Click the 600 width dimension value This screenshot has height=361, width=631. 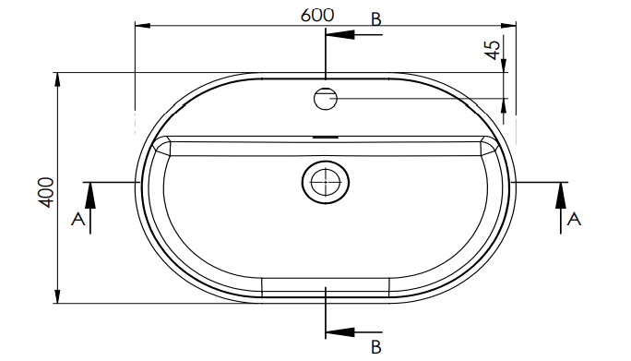317,16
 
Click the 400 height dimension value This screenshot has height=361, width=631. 46,193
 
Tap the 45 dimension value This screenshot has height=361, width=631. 494,50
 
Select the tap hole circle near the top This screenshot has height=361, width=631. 325,99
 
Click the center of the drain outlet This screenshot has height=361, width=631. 325,182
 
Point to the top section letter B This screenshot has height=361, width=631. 375,19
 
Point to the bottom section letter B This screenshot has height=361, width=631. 375,347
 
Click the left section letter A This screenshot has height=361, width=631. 78,219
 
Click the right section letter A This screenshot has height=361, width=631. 574,219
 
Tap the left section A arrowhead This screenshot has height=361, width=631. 90,196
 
